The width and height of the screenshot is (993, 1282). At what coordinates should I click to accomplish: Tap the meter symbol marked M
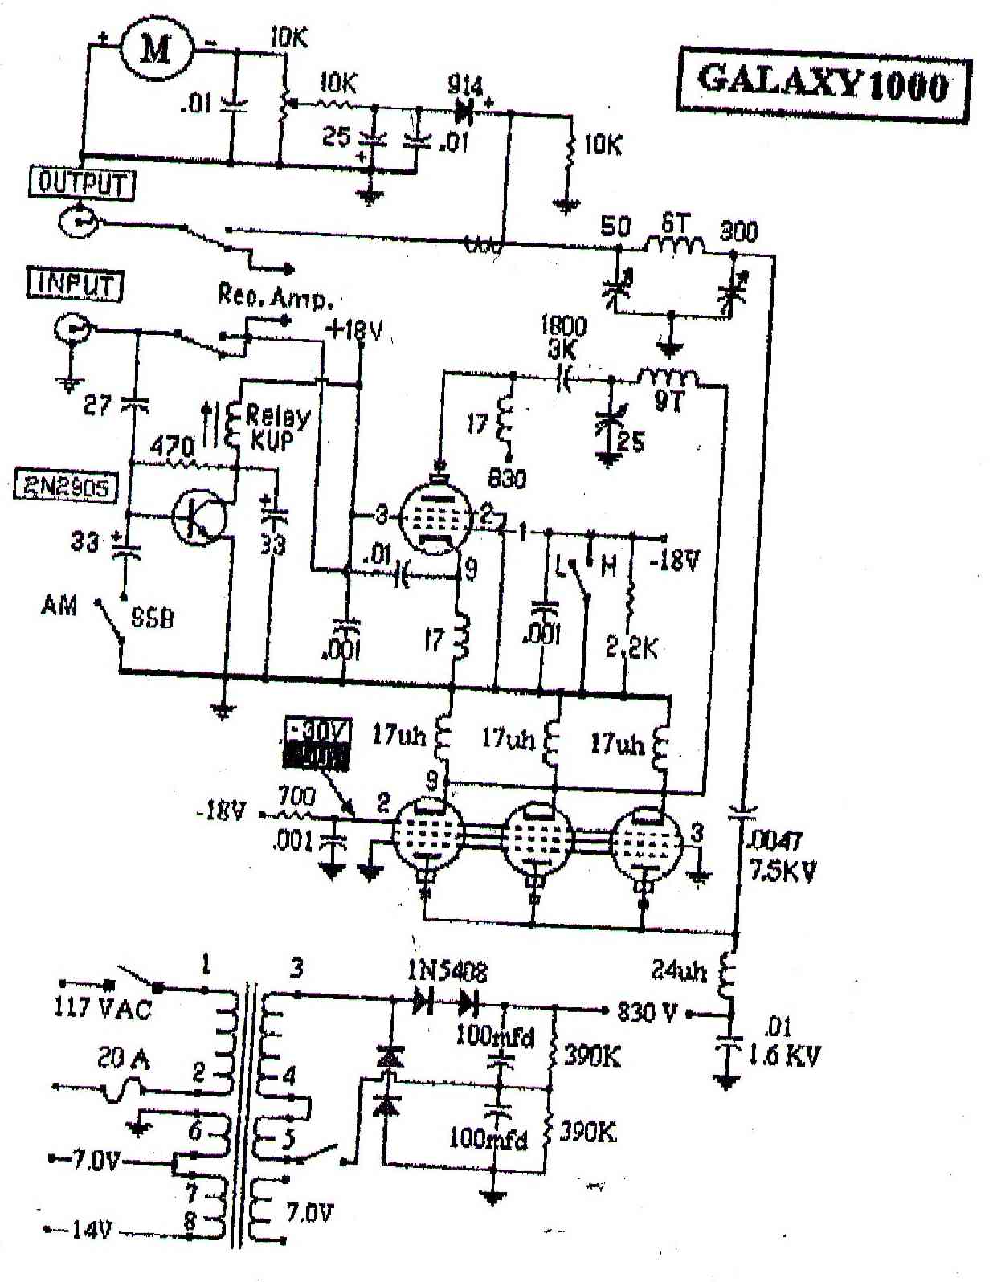157,51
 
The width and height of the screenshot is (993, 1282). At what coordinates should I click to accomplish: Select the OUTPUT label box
82,184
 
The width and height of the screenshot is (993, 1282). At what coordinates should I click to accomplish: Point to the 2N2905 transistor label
64,487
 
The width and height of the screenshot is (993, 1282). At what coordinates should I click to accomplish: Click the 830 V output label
646,1012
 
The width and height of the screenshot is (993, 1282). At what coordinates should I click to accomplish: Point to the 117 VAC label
102,1007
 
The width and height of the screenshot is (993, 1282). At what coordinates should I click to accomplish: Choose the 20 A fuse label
124,1060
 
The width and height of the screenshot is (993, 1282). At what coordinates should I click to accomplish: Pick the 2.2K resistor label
631,647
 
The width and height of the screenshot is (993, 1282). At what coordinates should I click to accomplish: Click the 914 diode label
466,85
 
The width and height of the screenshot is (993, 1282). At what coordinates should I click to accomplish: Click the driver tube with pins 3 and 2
435,520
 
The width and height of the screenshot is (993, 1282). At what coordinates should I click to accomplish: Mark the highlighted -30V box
317,743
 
